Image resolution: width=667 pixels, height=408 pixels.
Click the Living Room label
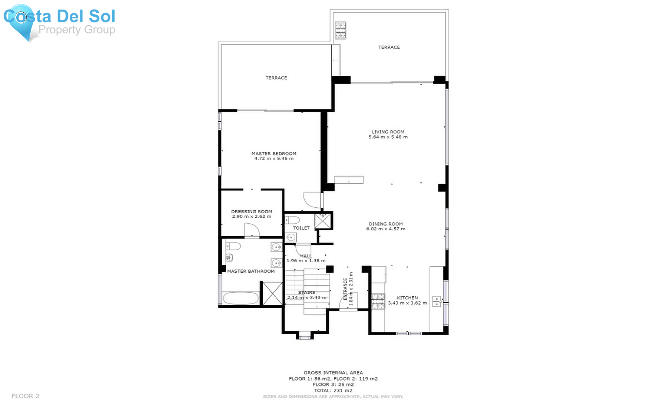coord(388,132)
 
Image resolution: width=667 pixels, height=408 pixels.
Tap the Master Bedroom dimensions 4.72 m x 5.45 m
coord(274,158)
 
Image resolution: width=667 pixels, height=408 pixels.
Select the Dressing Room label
coord(252,211)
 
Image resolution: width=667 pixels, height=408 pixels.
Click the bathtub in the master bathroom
coord(241,298)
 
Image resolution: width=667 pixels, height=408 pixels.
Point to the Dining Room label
coord(386,224)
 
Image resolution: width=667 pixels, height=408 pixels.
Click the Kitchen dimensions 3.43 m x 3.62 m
coord(407,303)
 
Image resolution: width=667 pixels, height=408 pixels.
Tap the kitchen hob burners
coord(378,301)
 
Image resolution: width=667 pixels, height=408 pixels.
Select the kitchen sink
coord(437,301)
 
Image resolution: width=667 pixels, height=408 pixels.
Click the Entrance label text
coord(345,289)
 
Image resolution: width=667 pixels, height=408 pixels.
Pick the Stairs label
coord(307,293)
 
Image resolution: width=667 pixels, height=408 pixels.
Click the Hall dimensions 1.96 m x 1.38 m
coord(306,261)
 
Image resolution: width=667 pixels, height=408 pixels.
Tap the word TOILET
coord(301,228)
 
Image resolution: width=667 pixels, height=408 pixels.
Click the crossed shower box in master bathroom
coord(272,293)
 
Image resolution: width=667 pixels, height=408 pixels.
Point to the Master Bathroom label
coord(251,271)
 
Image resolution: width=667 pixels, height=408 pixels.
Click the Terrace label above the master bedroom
coord(276,78)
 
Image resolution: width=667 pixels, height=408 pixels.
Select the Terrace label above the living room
coord(389,47)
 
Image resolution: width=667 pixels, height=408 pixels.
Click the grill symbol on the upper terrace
coord(341,30)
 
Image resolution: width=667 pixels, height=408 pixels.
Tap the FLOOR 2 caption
coord(25,396)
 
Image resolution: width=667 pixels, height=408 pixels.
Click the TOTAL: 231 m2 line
coord(333,390)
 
